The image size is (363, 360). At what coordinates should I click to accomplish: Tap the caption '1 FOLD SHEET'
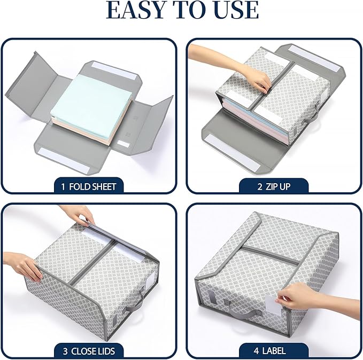point(89,186)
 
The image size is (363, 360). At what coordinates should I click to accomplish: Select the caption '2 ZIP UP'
point(274,186)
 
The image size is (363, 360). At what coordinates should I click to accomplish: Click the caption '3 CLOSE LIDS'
point(89,351)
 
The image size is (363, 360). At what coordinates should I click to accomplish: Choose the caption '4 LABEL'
point(269,351)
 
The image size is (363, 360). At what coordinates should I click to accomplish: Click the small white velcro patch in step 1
point(123,144)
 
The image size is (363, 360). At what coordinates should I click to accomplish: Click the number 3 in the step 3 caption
point(65,351)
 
